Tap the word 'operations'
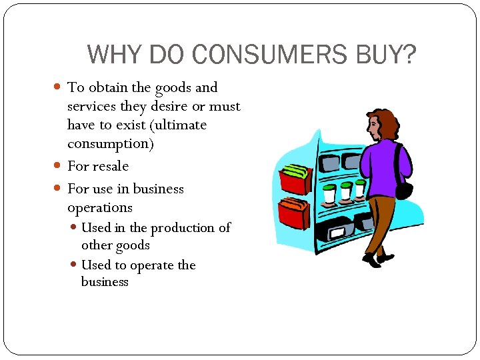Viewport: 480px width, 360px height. click(100, 208)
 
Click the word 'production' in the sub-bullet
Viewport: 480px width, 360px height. click(184, 228)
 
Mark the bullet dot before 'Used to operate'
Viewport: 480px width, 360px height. click(74, 265)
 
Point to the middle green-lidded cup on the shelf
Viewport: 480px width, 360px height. click(345, 193)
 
